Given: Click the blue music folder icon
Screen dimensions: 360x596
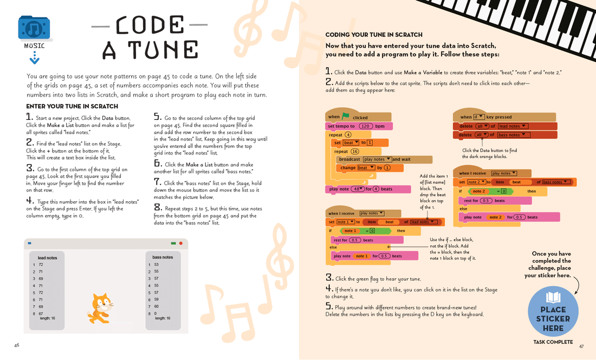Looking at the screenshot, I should (34, 28).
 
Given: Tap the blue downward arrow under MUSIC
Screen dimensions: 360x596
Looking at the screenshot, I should (35, 58).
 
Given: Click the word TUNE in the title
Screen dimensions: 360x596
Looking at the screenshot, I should (150, 50).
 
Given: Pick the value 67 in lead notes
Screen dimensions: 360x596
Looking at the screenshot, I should (41, 313).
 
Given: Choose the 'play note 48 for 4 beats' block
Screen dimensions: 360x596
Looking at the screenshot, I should (360, 189).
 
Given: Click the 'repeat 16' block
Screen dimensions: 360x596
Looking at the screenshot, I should (347, 151).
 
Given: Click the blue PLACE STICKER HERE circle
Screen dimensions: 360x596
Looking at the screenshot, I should (553, 312).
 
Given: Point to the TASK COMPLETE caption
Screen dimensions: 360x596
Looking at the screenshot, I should (553, 342).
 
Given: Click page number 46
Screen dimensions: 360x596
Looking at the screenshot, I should (17, 345).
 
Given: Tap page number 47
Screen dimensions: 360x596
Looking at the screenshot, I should (581, 346).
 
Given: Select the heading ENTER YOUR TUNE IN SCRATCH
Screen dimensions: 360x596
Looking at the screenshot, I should (72, 106).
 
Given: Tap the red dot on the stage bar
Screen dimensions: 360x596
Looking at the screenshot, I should (181, 243).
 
